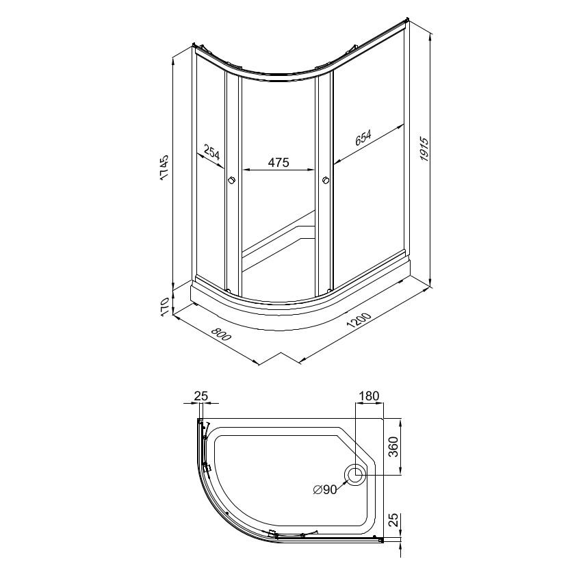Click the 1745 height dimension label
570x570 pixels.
164,168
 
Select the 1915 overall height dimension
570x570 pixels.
424,149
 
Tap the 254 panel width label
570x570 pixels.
211,152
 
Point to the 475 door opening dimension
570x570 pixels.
278,162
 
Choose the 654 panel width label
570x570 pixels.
363,138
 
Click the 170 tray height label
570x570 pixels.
164,306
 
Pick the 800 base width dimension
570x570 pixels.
220,334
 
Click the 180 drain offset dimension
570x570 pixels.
369,396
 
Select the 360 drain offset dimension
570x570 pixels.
393,447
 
